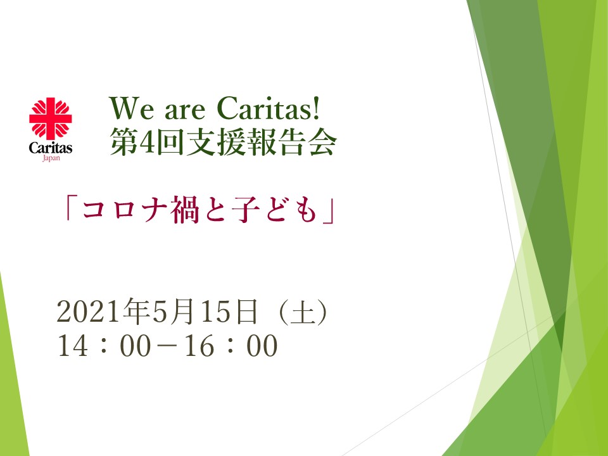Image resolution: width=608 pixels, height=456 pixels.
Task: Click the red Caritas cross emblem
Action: point(51,118)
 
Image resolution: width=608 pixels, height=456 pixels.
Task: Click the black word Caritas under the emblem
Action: point(51,148)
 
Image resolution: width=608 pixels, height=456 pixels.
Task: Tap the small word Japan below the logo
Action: point(51,158)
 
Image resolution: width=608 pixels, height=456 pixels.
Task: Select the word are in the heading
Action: point(185,111)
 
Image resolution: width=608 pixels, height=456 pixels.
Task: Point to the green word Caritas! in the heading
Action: point(269,108)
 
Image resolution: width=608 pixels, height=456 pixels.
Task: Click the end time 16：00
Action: point(231,346)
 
